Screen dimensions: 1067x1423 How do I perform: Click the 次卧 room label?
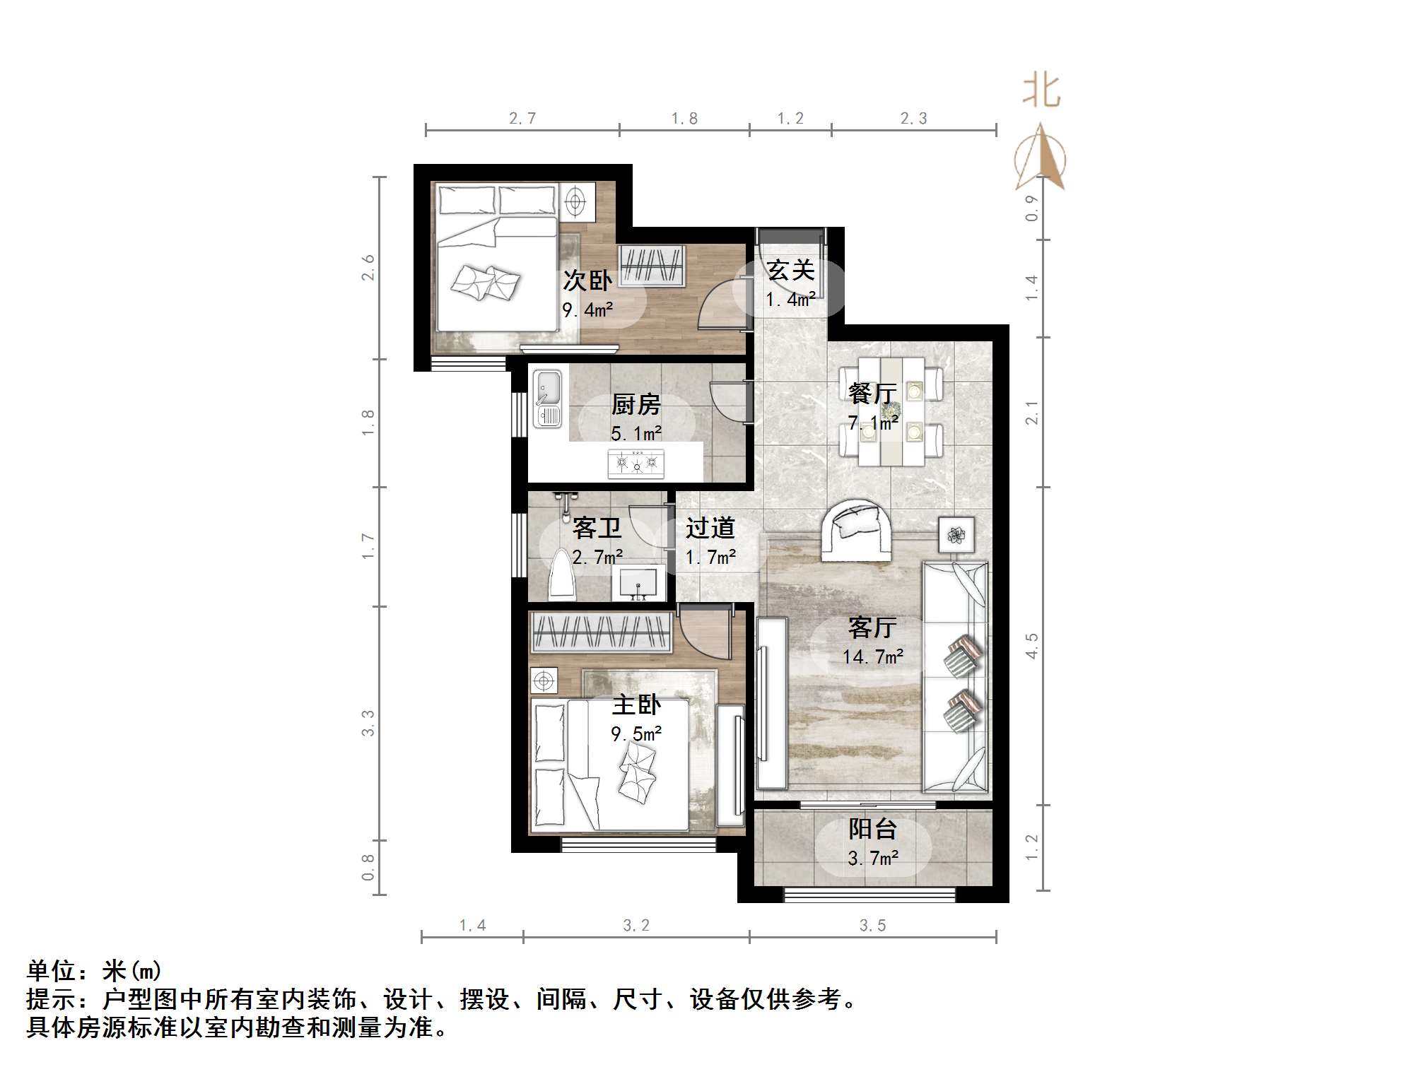(587, 281)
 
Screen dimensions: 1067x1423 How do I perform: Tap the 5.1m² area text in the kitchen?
(636, 433)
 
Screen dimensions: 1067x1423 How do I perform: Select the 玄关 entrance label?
(790, 270)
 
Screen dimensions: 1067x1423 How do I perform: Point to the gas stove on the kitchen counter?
(636, 464)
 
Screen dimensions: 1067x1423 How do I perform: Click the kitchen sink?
(549, 399)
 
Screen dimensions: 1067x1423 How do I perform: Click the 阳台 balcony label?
(872, 829)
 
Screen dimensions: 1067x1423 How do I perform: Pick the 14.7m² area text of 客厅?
(872, 657)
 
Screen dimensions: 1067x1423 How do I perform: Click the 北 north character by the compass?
(1041, 92)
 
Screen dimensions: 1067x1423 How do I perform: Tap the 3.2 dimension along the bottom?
(636, 925)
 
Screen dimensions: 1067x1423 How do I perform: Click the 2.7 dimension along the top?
(522, 119)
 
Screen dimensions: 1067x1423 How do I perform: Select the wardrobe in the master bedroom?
(601, 632)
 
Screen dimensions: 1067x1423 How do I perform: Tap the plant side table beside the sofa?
(956, 535)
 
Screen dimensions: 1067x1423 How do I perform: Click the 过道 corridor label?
(710, 528)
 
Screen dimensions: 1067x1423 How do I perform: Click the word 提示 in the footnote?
(51, 999)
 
